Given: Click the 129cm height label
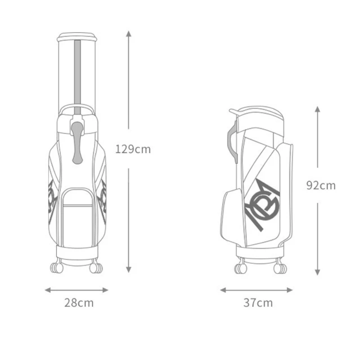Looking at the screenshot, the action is tap(133, 149).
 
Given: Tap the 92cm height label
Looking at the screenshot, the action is tap(321, 185).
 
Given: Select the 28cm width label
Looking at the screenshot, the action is tap(79, 303).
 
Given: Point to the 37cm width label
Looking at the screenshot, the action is tap(258, 303).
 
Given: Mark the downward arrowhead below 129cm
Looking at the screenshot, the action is tap(129, 270).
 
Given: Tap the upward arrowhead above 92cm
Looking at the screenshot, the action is tap(318, 109).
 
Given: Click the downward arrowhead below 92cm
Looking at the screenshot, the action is tap(318, 272).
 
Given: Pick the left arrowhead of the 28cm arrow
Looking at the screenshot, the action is tap(48, 290).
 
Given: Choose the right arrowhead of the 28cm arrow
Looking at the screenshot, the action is tap(105, 290).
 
